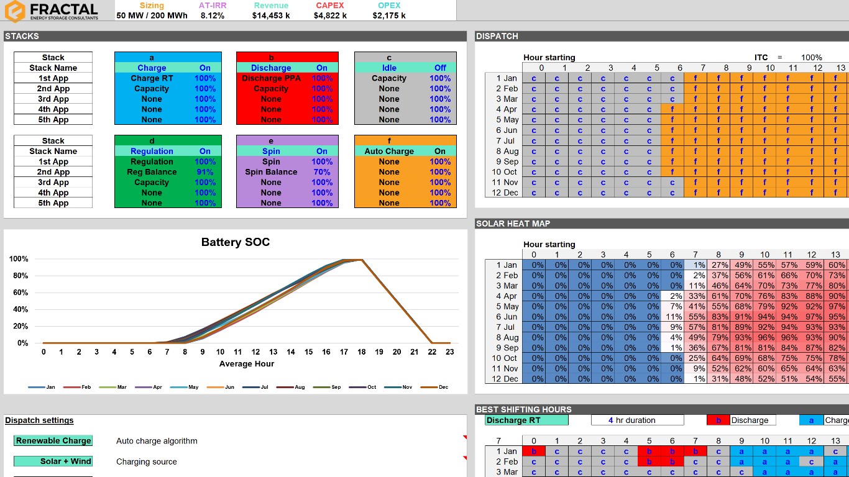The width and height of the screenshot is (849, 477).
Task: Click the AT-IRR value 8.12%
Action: pyautogui.click(x=212, y=16)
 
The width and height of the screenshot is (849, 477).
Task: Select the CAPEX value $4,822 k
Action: pyautogui.click(x=329, y=16)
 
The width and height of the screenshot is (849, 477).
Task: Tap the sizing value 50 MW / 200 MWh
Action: pyautogui.click(x=152, y=16)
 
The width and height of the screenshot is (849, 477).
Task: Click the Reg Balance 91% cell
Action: pyautogui.click(x=204, y=172)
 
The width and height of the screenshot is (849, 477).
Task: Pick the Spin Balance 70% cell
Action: pyautogui.click(x=321, y=172)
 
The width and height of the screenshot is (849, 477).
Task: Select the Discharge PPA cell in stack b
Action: pyautogui.click(x=271, y=78)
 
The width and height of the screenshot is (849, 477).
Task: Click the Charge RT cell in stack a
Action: pyautogui.click(x=152, y=78)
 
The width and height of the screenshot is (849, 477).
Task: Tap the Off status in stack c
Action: pyautogui.click(x=440, y=68)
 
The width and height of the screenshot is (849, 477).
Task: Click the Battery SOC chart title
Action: pyautogui.click(x=235, y=242)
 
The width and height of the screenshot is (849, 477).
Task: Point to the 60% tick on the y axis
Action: pyautogui.click(x=19, y=293)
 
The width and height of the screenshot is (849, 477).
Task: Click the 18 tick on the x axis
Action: pyautogui.click(x=362, y=352)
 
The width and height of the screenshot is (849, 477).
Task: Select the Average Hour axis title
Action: pyautogui.click(x=246, y=364)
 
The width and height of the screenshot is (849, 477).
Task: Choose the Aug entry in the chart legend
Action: pyautogui.click(x=300, y=387)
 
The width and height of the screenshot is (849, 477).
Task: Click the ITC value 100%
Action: pyautogui.click(x=811, y=58)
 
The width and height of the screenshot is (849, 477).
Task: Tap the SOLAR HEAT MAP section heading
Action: pyautogui.click(x=513, y=224)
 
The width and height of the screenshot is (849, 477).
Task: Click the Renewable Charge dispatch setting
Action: pyautogui.click(x=53, y=441)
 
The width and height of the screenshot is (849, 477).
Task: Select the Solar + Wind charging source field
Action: pyautogui.click(x=53, y=461)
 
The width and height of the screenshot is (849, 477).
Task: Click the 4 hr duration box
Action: pyautogui.click(x=637, y=420)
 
